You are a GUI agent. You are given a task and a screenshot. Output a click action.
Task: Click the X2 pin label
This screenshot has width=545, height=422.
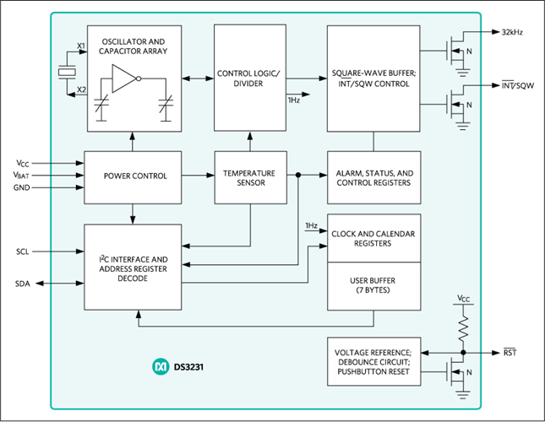pyautogui.click(x=80, y=89)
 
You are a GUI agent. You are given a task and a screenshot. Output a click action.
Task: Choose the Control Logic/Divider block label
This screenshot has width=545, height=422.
pyautogui.click(x=249, y=78)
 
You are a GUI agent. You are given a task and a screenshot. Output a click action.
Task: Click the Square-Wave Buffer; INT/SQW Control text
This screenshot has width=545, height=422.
pyautogui.click(x=373, y=77)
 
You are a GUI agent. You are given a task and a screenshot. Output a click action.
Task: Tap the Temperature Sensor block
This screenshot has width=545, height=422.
pyautogui.click(x=249, y=176)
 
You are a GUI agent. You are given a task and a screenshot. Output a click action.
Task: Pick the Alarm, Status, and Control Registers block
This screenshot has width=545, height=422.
pyautogui.click(x=373, y=176)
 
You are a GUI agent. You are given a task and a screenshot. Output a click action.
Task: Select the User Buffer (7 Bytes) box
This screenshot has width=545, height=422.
pyautogui.click(x=373, y=284)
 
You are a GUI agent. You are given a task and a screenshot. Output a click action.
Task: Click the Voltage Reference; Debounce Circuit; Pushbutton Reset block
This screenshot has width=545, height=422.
pyautogui.click(x=373, y=361)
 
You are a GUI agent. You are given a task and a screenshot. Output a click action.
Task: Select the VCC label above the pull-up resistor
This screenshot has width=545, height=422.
pyautogui.click(x=463, y=300)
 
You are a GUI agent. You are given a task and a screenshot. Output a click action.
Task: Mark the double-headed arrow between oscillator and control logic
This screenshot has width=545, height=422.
pyautogui.click(x=198, y=78)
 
